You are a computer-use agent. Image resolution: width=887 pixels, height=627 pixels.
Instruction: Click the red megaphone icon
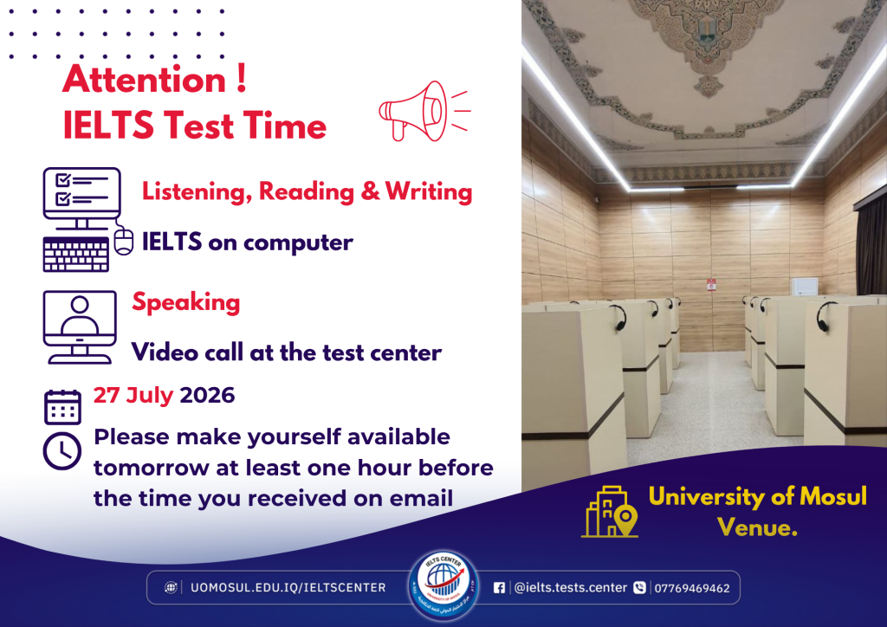click(x=424, y=111)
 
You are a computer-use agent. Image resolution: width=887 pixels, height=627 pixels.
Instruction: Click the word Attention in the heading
click(x=145, y=79)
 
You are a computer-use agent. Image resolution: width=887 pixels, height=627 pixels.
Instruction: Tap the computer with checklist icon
click(x=87, y=219)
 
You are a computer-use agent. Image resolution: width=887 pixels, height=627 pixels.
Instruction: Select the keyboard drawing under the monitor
click(x=76, y=254)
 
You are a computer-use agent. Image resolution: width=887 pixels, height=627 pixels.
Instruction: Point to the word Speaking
click(x=186, y=302)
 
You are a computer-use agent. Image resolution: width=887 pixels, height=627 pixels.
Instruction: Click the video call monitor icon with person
click(x=80, y=326)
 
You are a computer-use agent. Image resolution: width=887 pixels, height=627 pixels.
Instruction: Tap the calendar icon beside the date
click(x=62, y=407)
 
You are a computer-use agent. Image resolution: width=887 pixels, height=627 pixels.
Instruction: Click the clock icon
click(x=62, y=450)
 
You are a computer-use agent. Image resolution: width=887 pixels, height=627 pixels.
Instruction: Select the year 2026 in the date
click(x=207, y=395)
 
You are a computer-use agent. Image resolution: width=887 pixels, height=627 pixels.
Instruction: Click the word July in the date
click(x=149, y=396)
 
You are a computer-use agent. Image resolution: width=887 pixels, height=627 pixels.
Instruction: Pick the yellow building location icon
click(x=610, y=511)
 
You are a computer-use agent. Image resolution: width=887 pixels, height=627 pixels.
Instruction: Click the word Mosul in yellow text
click(x=832, y=496)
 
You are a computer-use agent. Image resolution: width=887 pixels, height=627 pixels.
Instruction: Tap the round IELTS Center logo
click(x=444, y=585)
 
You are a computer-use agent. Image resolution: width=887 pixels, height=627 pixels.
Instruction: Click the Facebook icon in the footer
click(x=499, y=588)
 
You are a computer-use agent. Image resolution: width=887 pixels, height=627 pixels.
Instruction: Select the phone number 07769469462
click(x=692, y=589)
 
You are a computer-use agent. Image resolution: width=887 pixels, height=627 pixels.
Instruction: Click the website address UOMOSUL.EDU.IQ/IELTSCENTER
click(x=288, y=588)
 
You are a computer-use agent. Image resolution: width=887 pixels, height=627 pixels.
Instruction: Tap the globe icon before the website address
click(x=171, y=587)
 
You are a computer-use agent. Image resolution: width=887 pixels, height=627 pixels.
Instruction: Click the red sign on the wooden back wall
click(x=711, y=284)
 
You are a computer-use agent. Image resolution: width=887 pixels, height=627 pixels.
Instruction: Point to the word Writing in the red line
click(x=429, y=191)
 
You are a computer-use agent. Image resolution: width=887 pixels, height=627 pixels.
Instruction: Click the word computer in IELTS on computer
click(x=299, y=243)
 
